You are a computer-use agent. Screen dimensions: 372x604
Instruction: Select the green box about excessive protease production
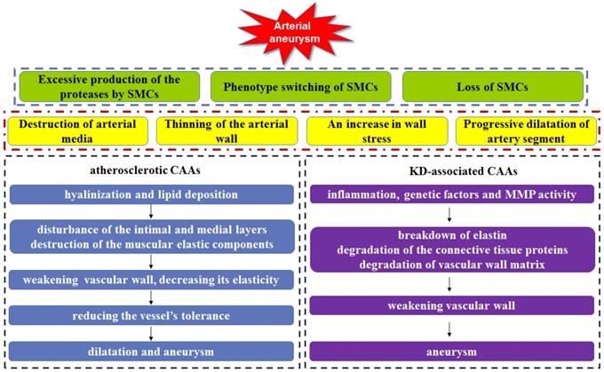tap(108, 87)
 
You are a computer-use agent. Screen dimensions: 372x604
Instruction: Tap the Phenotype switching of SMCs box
tap(301, 87)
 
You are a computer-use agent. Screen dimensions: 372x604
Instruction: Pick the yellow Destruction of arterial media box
tap(77, 131)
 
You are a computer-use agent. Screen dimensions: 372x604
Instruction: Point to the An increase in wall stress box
tap(375, 131)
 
